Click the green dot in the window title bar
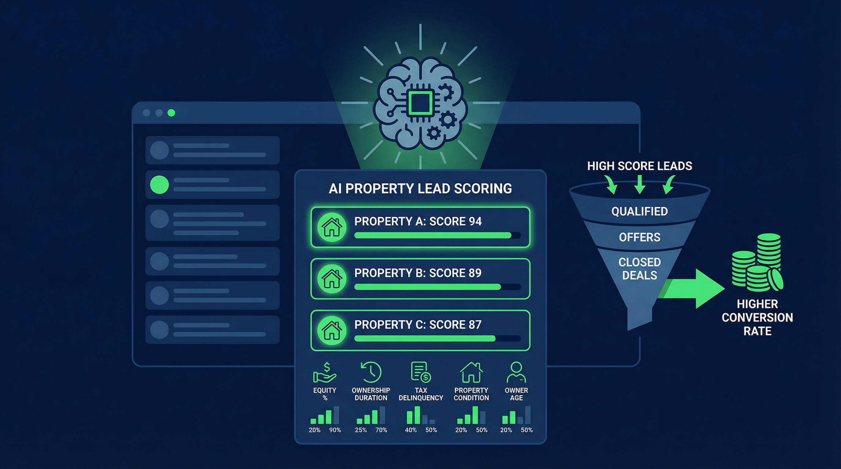tap(171, 113)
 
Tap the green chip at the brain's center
tap(420, 103)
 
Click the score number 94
tap(475, 221)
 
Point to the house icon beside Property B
tap(332, 278)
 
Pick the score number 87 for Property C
tap(475, 325)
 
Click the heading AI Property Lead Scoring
tap(420, 188)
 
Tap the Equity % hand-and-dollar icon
tap(325, 372)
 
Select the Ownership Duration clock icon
tap(371, 372)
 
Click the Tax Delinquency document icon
tap(421, 372)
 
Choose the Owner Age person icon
tap(516, 372)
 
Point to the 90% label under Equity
tap(335, 430)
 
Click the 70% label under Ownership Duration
tap(381, 430)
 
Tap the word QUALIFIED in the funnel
tap(640, 211)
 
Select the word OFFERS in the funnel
tap(640, 237)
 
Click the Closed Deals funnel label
tap(640, 268)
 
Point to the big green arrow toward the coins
tap(692, 289)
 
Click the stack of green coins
tap(757, 263)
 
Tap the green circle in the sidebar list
tap(159, 185)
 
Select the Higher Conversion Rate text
tap(758, 317)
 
